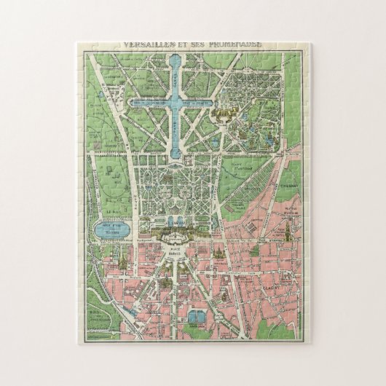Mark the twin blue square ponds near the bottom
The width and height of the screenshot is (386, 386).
195,316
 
